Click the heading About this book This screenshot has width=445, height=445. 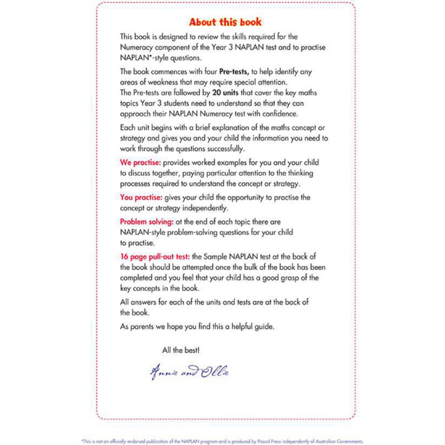point(225,22)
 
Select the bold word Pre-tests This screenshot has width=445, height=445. point(236,71)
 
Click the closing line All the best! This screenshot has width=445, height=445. point(181,350)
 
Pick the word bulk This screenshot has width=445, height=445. point(254,267)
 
